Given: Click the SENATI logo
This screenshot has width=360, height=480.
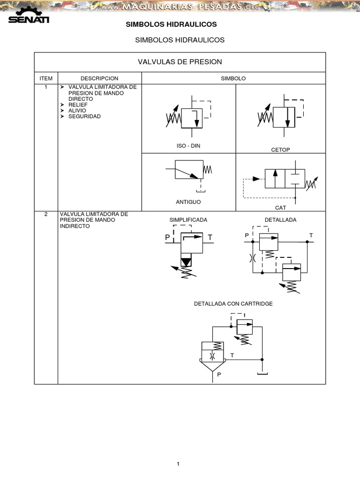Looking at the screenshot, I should [x=28, y=16].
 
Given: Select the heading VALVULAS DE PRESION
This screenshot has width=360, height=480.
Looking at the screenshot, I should [x=180, y=62].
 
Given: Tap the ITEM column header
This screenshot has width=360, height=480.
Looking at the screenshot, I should [x=46, y=78].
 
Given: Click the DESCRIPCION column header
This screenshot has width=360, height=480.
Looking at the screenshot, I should [x=99, y=78].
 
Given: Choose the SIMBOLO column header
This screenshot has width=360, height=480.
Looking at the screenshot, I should [x=233, y=78].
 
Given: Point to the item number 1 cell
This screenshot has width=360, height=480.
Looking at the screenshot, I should [x=46, y=87].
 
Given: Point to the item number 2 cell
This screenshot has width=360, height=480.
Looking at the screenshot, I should [x=46, y=214].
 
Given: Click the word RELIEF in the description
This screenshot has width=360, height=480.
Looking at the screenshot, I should [x=78, y=105].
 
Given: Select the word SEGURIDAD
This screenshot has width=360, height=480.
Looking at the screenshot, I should [x=84, y=116].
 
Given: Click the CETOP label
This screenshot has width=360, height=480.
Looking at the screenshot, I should [x=280, y=150].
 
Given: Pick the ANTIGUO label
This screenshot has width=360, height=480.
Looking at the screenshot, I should [x=187, y=202].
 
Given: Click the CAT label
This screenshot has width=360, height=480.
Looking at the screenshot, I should [x=280, y=207].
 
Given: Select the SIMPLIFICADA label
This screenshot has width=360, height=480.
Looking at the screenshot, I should [x=188, y=220].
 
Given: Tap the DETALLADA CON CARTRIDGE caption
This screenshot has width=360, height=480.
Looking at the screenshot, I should [x=233, y=304].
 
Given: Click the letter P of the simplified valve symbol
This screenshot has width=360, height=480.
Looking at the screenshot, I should [x=167, y=238].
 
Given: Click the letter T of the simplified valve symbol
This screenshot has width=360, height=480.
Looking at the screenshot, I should [x=210, y=238].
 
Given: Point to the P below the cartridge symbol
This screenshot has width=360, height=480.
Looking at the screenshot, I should [x=218, y=375].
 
